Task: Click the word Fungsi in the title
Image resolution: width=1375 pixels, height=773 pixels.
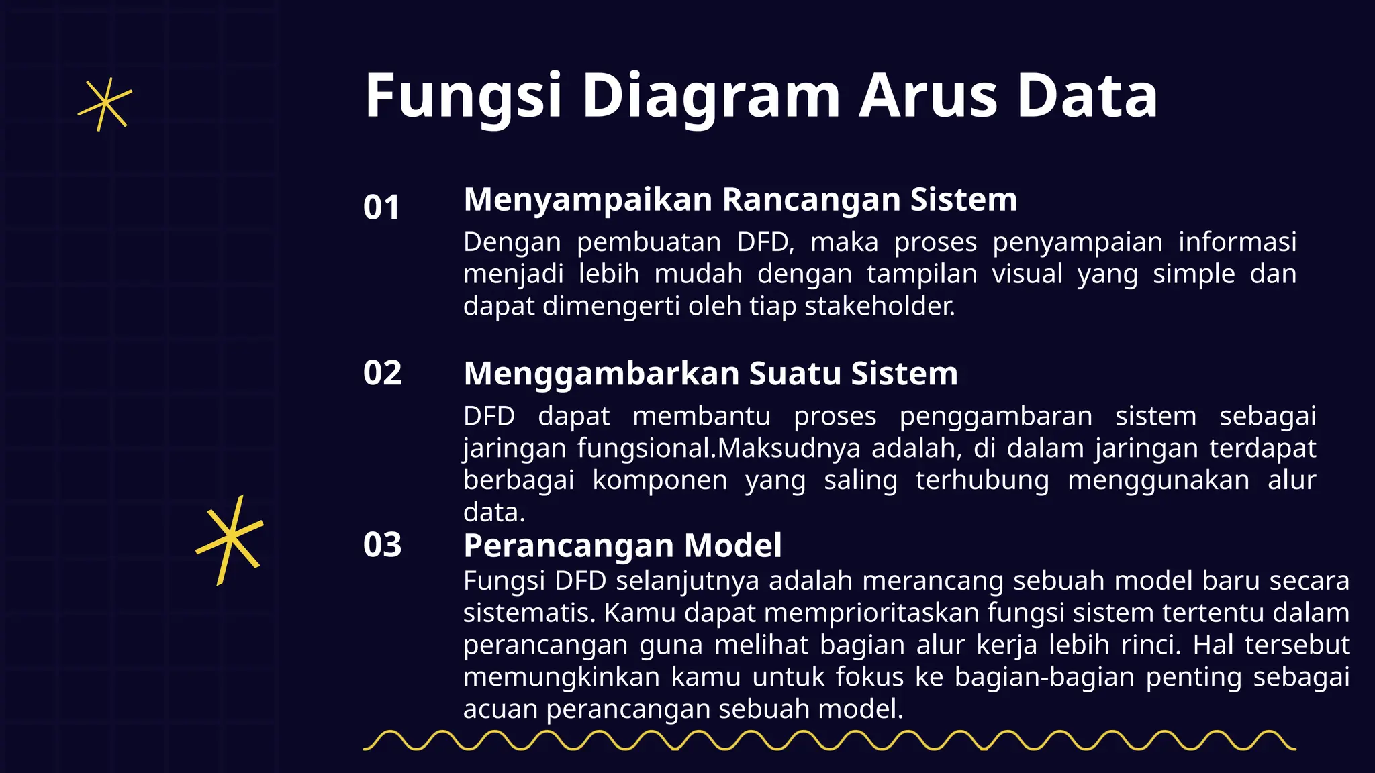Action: point(463,97)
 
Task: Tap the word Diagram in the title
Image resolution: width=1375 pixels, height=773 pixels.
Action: point(710,97)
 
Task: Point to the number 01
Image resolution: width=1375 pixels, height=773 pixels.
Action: point(381,207)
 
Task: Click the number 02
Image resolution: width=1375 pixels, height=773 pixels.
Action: point(382,373)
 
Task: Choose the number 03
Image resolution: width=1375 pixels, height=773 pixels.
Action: point(382,545)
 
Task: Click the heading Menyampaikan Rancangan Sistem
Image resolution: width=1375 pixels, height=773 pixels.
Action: point(740,200)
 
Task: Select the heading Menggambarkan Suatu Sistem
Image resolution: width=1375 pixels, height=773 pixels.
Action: point(710,374)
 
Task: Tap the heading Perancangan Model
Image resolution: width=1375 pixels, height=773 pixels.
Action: point(622,546)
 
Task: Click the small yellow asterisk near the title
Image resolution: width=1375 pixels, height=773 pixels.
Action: point(104,105)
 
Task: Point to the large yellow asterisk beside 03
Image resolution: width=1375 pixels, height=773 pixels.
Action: point(229,539)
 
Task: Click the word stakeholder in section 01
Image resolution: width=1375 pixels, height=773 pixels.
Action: point(879,307)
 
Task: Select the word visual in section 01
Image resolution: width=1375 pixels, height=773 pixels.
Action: point(1027,274)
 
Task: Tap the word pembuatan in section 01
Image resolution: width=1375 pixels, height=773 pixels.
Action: point(649,242)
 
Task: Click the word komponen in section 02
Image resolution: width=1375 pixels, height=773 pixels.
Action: point(659,481)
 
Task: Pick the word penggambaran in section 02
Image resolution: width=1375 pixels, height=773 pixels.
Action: point(996,417)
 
